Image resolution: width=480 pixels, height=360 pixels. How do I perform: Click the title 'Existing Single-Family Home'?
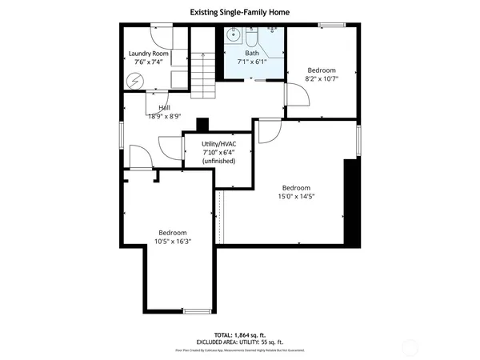pos(239,12)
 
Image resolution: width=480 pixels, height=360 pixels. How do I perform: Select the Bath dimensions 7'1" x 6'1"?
pos(252,62)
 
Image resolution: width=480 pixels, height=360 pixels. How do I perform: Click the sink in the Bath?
pos(234,34)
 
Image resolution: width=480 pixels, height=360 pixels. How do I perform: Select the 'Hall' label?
pos(164,107)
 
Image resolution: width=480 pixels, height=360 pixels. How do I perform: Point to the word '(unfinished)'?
pos(218,161)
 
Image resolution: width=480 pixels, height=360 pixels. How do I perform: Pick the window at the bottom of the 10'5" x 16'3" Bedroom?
pos(196,310)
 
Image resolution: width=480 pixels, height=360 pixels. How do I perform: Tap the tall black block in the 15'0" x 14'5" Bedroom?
pos(349,200)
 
